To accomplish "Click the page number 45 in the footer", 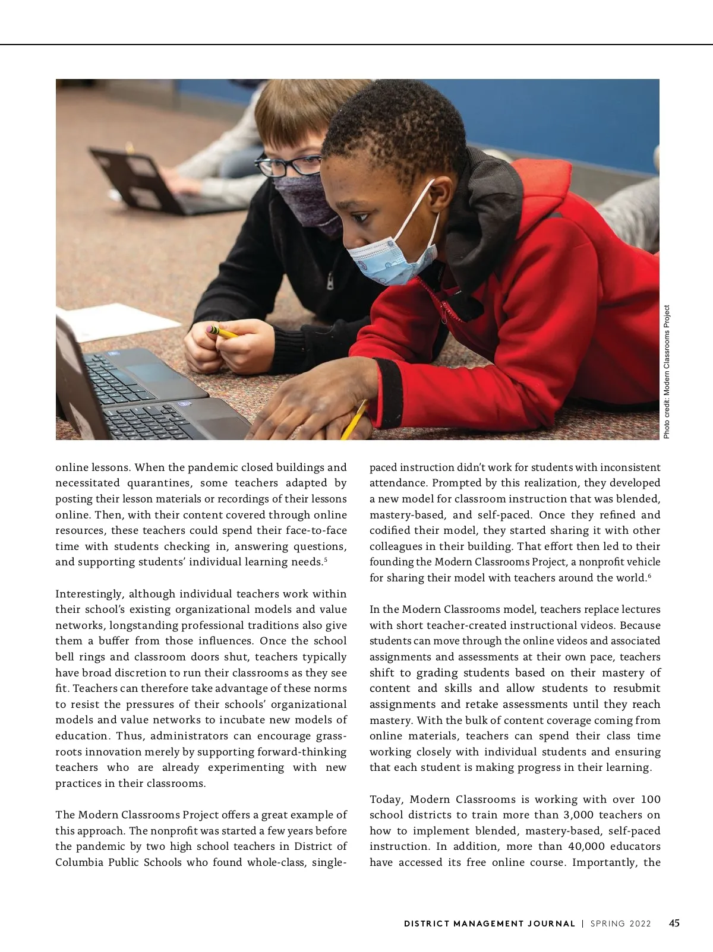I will (x=674, y=923).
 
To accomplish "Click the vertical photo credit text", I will (x=667, y=372).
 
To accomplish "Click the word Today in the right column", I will (x=387, y=799).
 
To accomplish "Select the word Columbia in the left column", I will (x=79, y=862).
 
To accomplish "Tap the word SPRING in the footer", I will (x=607, y=923).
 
